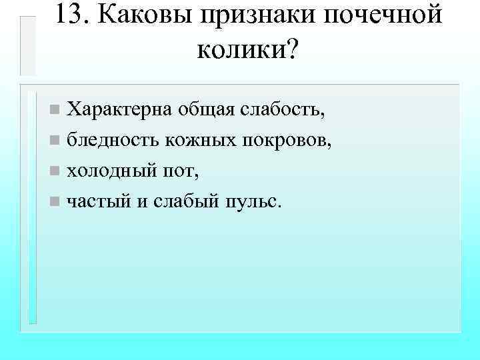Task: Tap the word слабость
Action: coord(280,109)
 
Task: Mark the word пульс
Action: coord(251,203)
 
